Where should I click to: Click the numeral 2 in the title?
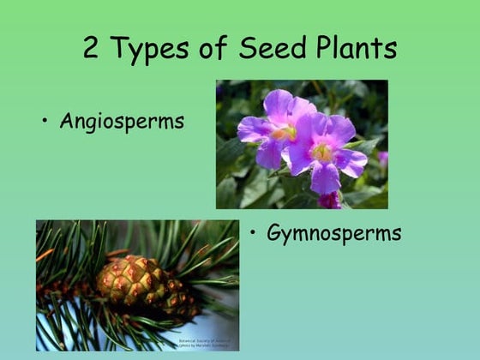tap(92, 48)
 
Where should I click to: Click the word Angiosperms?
tap(122, 122)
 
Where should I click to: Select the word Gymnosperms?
tap(334, 233)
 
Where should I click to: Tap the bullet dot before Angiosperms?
tap(45, 121)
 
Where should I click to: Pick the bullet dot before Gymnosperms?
tap(254, 232)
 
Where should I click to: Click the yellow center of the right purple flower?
tap(322, 152)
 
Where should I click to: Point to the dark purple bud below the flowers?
tap(329, 200)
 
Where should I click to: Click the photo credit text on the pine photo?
tap(204, 344)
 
